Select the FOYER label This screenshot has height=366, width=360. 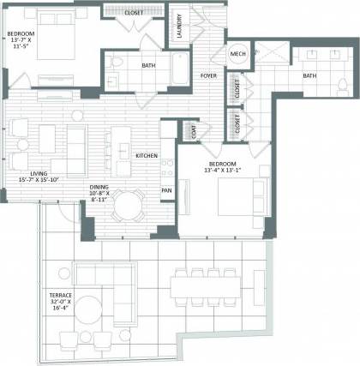point(208,75)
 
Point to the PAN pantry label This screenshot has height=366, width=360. point(167,190)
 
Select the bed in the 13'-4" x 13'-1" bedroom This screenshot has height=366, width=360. point(232,200)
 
